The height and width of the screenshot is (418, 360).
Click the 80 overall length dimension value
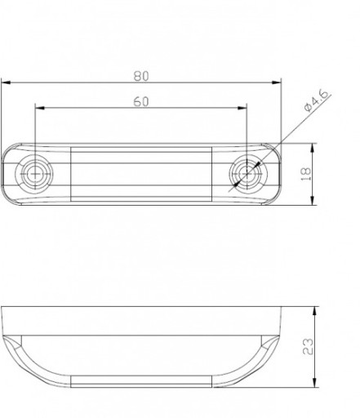point(141,76)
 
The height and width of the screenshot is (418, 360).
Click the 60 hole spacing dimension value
point(141,102)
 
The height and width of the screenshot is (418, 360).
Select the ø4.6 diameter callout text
point(316,100)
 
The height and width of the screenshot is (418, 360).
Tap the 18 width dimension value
point(306,174)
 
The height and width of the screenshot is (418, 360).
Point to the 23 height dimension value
point(308,346)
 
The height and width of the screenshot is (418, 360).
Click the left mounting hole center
point(35,174)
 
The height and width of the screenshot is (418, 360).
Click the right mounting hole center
point(247,174)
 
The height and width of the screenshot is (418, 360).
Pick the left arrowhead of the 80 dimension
point(6,82)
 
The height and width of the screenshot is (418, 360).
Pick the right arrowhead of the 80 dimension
point(277,82)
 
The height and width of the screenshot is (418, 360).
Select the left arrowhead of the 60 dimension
point(40,108)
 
